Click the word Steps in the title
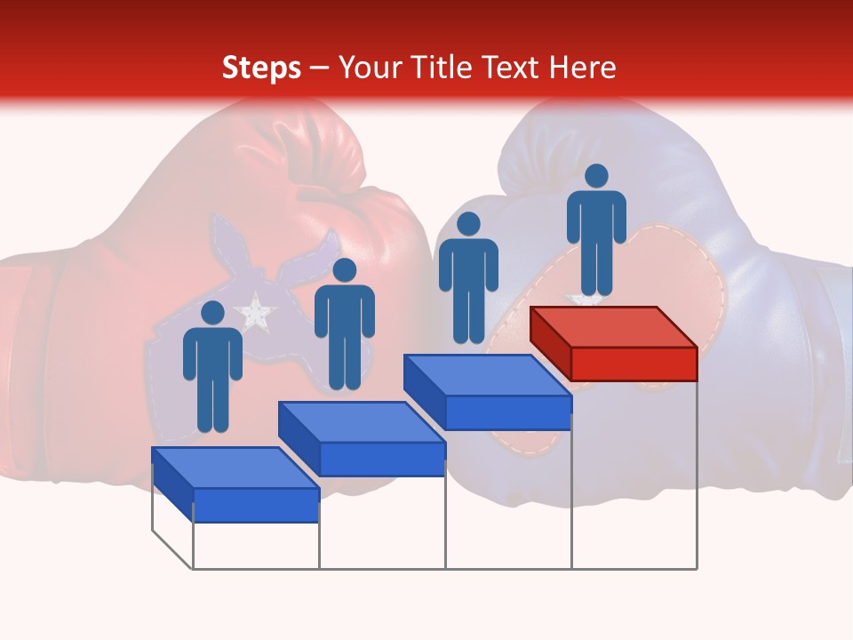[x=261, y=68]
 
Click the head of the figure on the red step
[x=596, y=176]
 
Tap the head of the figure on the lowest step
[x=212, y=313]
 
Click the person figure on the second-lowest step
[x=344, y=324]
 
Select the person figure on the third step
[x=468, y=277]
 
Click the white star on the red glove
[x=256, y=311]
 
